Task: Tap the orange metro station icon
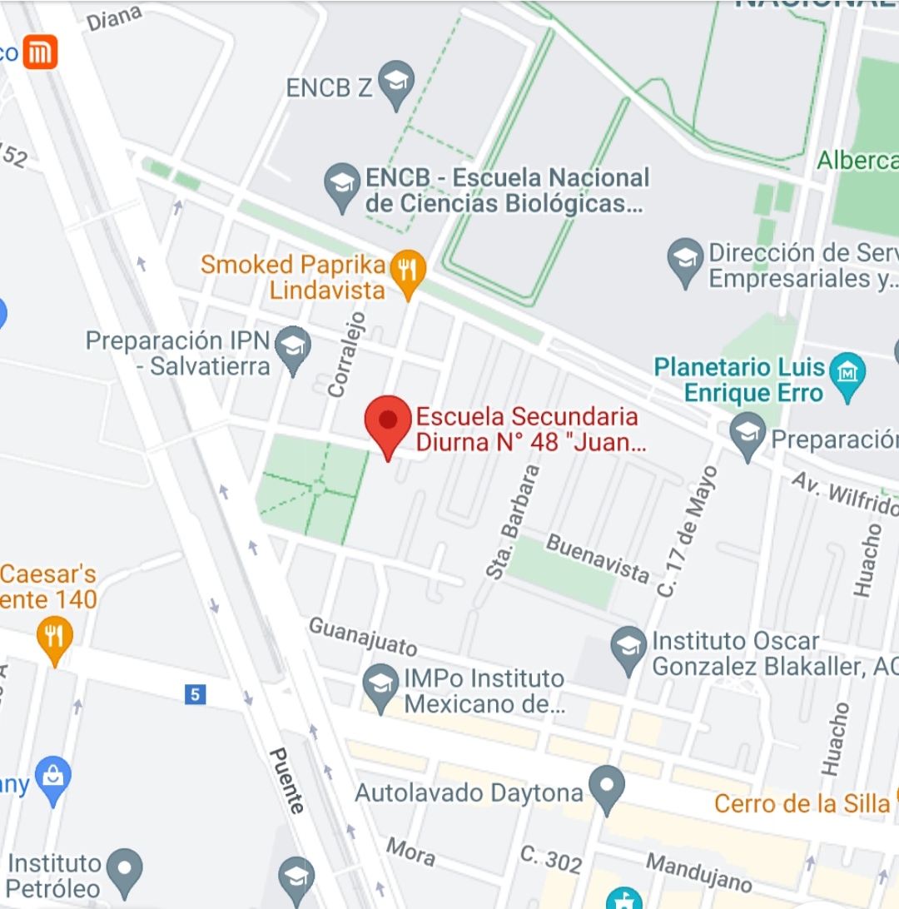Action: coord(40,52)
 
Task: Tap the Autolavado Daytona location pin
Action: coord(606,787)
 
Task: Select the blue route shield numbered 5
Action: coord(195,693)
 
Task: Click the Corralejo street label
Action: coord(348,353)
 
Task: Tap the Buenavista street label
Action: coord(597,558)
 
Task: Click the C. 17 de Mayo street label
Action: coord(687,531)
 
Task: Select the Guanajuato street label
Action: coord(363,637)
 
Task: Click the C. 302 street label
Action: coord(551,859)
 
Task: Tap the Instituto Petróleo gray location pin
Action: coord(125,867)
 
